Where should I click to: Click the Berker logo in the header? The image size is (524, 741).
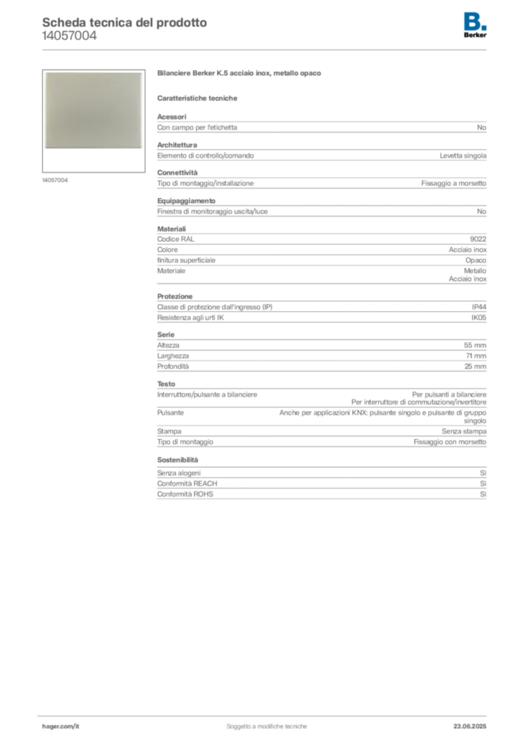(475, 25)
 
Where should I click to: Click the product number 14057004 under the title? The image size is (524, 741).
(69, 36)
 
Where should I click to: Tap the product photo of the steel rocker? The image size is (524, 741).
(93, 111)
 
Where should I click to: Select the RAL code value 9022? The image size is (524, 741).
(478, 239)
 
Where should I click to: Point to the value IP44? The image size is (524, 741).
(478, 307)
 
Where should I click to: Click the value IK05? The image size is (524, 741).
(478, 318)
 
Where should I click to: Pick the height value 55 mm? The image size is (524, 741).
(475, 345)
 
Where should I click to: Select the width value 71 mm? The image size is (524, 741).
(476, 356)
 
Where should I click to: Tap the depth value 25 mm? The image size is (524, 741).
(475, 366)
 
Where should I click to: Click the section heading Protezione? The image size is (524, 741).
(175, 296)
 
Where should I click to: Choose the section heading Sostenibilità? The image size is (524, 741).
(177, 460)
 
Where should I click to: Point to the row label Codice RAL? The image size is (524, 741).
(176, 239)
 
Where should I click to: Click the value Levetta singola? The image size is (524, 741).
(462, 156)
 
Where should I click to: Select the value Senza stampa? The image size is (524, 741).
(464, 431)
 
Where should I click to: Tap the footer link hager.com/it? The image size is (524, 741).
(61, 727)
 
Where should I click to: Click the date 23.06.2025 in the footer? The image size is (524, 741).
(470, 727)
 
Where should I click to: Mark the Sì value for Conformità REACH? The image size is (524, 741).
(483, 483)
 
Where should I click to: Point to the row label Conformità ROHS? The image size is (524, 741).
(185, 494)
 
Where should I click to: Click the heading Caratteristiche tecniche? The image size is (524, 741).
(197, 98)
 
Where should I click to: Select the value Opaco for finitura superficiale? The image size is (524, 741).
(476, 261)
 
